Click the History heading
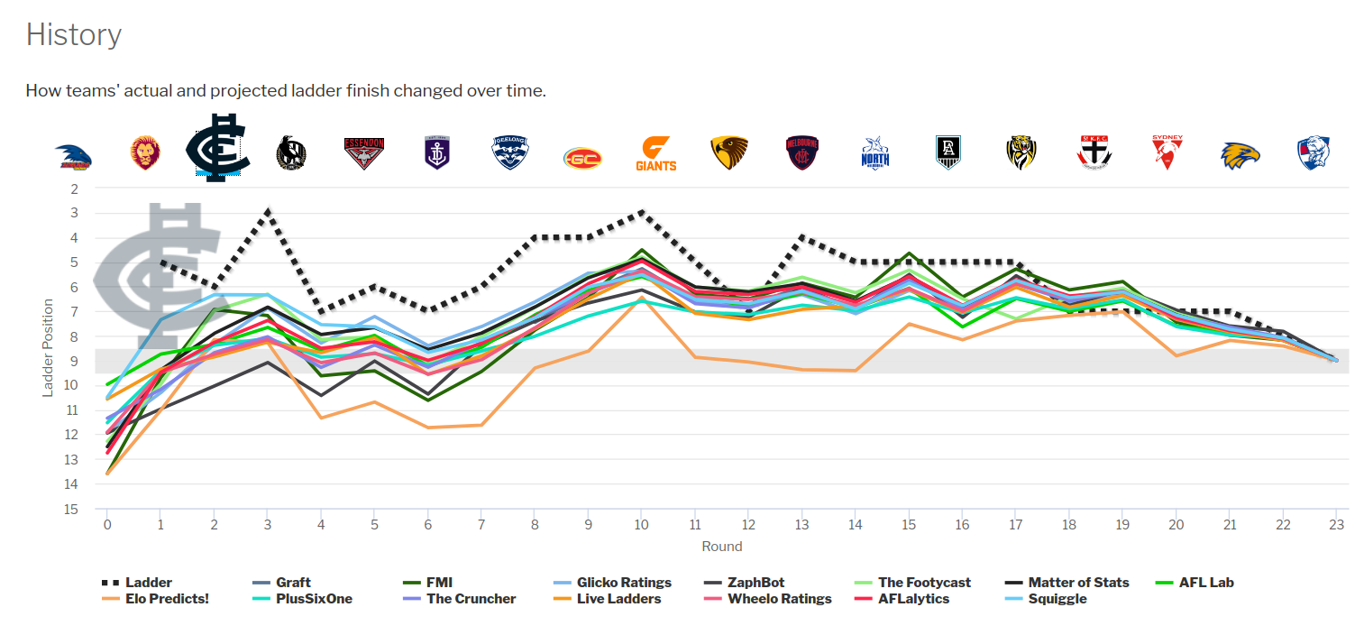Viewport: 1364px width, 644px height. click(73, 35)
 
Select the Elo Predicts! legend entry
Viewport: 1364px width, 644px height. click(168, 598)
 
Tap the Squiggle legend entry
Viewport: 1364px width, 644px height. click(1057, 598)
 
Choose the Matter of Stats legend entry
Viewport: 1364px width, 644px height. click(1078, 583)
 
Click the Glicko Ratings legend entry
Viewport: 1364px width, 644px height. click(624, 583)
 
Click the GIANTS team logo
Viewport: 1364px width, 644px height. click(655, 154)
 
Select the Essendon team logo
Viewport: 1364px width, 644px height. click(364, 154)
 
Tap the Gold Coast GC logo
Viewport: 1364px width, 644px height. click(582, 159)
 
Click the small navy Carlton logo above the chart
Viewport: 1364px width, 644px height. click(217, 148)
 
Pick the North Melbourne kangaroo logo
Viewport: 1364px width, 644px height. click(874, 154)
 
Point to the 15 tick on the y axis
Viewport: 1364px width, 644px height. click(72, 509)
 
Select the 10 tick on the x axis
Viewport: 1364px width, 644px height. click(640, 525)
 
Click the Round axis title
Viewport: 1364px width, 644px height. click(721, 546)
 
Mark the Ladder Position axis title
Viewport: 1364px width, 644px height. click(49, 348)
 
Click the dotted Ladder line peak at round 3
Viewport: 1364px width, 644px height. click(268, 211)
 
